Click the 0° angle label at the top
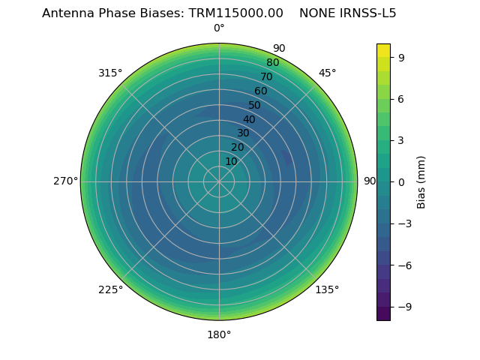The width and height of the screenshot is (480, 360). tap(219, 28)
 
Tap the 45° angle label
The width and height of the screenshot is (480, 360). tap(327, 73)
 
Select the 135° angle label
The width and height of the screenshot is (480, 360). tap(327, 289)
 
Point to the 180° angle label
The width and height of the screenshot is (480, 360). tap(219, 334)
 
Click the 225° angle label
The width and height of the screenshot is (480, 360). tap(110, 289)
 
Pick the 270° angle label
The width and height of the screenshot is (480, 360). tap(65, 181)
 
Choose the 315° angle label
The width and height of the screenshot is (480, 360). tap(110, 73)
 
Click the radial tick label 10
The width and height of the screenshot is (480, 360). tap(231, 161)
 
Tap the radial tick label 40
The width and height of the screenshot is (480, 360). tap(249, 119)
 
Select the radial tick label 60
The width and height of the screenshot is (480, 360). tap(261, 91)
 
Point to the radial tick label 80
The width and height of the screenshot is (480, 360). tap(273, 63)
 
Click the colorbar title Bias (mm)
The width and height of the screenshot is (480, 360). tap(421, 181)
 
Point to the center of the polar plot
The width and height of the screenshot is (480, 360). tap(219, 181)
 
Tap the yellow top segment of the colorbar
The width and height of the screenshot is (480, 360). tap(383, 49)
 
